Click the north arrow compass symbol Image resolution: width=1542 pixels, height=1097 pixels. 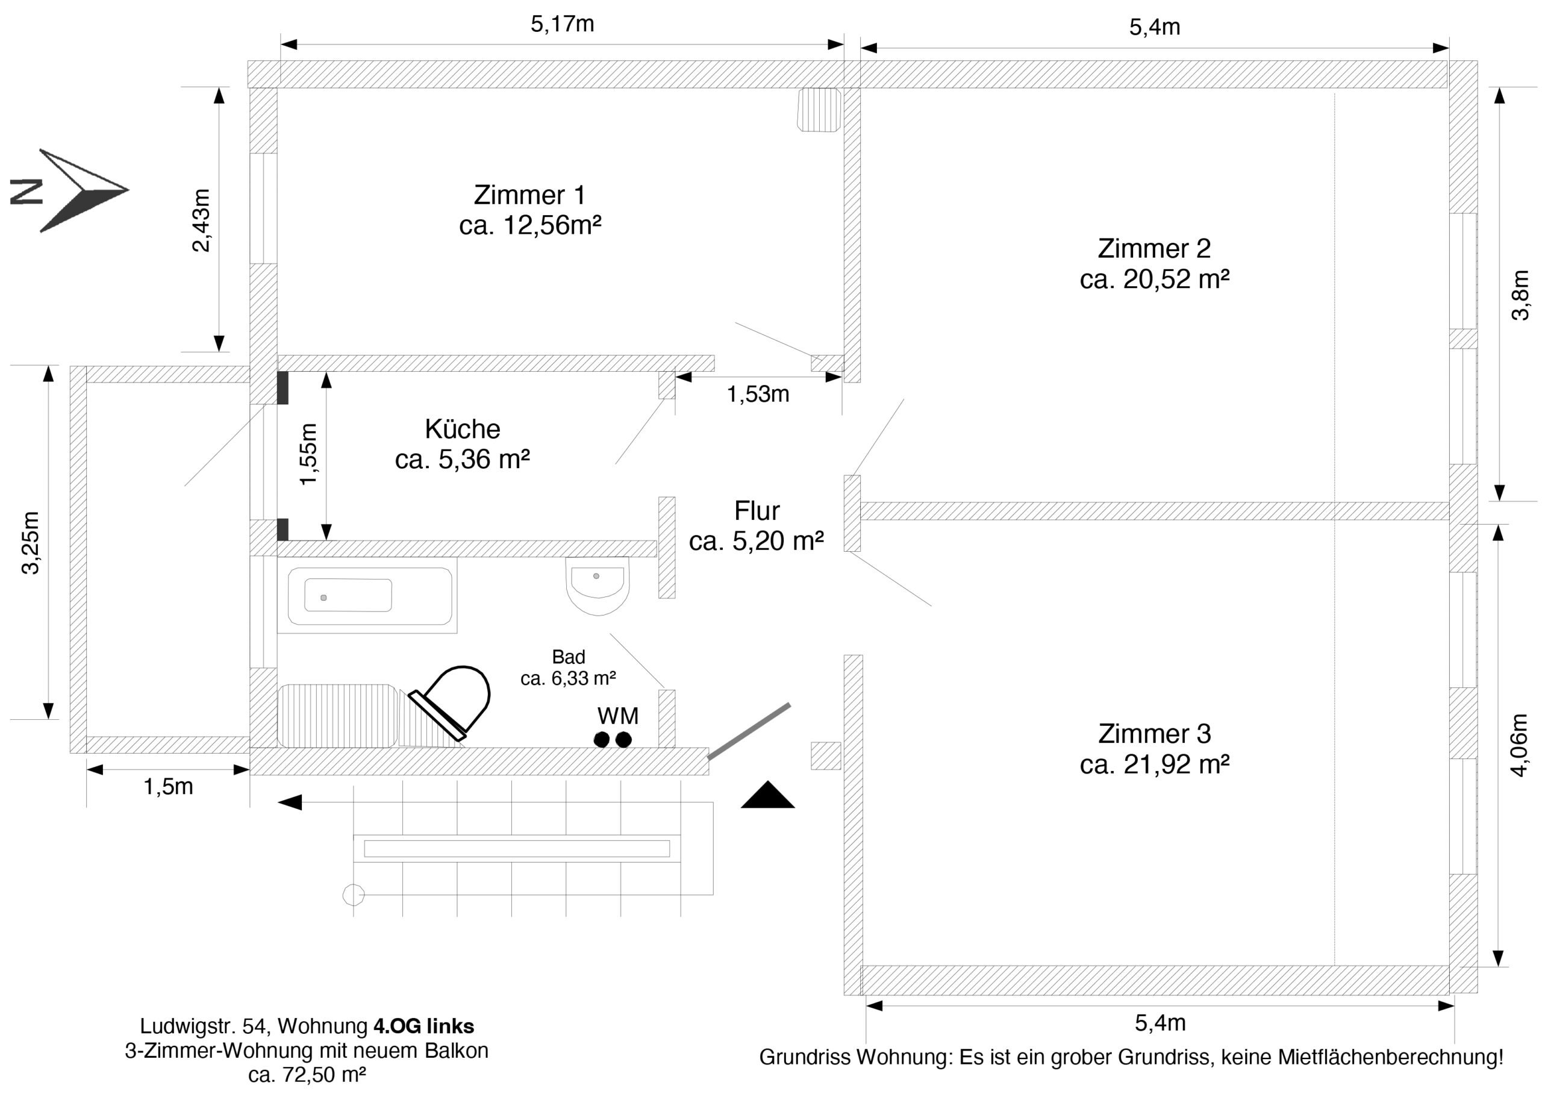81,190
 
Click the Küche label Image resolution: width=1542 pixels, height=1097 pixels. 462,429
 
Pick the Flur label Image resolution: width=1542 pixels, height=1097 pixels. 757,511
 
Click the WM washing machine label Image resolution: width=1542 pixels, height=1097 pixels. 617,715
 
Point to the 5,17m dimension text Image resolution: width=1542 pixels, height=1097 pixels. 562,24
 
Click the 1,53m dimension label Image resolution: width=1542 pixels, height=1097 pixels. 758,394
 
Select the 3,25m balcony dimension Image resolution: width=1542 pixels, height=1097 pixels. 31,542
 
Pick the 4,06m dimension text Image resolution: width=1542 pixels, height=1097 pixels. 1519,745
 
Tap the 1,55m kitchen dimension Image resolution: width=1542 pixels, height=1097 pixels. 308,454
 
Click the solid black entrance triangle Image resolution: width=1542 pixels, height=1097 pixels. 767,796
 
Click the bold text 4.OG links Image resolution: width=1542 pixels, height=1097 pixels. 423,1026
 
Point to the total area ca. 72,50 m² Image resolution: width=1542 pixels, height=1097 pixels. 307,1074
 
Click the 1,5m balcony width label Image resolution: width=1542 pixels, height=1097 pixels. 168,786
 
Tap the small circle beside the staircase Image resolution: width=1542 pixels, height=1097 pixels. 353,895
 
